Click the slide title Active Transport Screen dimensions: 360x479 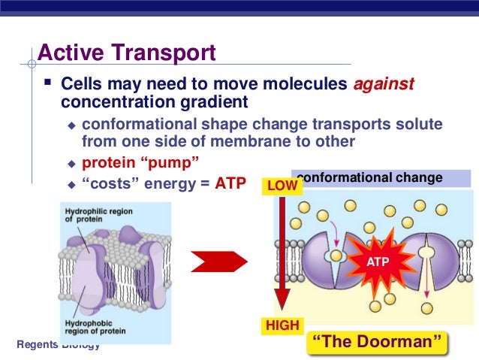pos(126,53)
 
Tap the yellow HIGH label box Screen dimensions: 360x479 pos(282,325)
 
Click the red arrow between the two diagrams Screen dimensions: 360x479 pos(218,262)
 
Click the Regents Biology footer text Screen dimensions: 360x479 pos(58,344)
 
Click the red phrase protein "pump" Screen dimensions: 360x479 pos(125,162)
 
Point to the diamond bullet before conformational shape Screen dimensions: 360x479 pos(71,125)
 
